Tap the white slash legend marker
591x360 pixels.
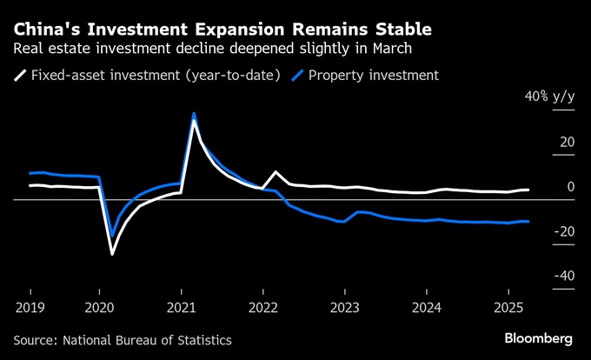click(20, 76)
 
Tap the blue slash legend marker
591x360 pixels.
click(298, 76)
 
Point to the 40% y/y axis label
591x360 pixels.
click(548, 97)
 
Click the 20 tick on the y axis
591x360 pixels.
click(567, 142)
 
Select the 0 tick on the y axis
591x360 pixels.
click(571, 186)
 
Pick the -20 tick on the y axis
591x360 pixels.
click(564, 231)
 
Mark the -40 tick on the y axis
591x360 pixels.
click(564, 276)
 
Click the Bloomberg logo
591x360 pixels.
click(538, 338)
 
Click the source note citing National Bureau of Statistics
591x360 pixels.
click(123, 339)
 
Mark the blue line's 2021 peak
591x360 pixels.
click(194, 114)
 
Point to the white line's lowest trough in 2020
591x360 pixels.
click(112, 254)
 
